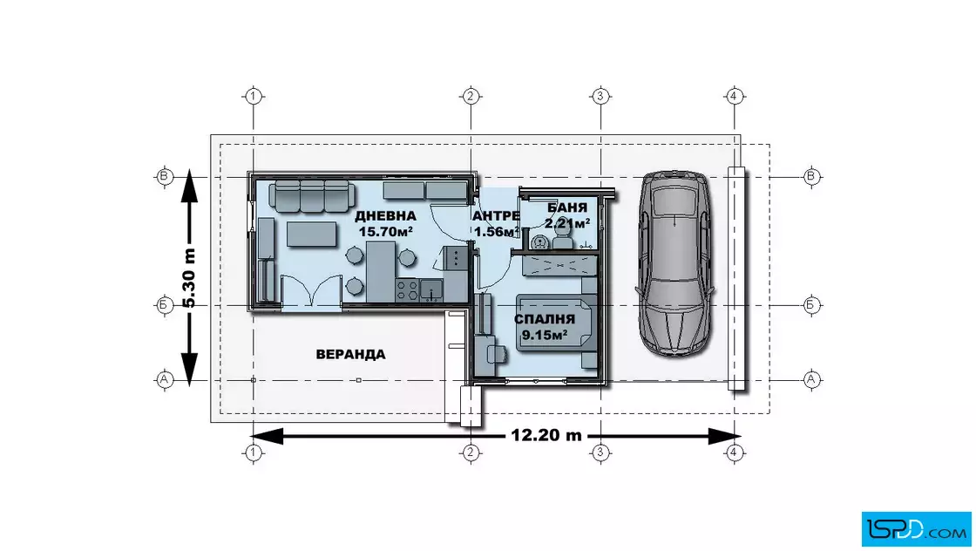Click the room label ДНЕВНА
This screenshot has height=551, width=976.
click(x=385, y=216)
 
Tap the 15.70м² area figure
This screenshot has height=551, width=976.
click(x=386, y=232)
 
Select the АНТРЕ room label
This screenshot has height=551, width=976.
click(x=496, y=216)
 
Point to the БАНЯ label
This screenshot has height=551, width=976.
click(x=567, y=208)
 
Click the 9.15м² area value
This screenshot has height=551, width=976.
click(x=544, y=335)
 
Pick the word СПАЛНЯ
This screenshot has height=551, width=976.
click(x=544, y=319)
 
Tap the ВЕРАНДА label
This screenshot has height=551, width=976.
click(x=350, y=354)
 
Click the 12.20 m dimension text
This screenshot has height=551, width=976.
click(x=546, y=435)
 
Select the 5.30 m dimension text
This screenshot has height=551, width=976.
click(x=189, y=277)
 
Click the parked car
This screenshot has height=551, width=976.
click(x=674, y=263)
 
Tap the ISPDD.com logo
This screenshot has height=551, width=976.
click(x=916, y=529)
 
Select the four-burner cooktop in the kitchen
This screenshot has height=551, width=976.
click(x=407, y=289)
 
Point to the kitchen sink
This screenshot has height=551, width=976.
click(x=431, y=289)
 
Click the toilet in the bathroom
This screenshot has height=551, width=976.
click(x=563, y=236)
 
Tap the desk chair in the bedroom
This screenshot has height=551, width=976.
click(x=498, y=353)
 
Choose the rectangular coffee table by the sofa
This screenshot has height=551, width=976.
click(x=311, y=235)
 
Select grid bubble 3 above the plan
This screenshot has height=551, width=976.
click(x=600, y=97)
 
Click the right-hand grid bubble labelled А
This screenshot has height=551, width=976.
click(x=811, y=379)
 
